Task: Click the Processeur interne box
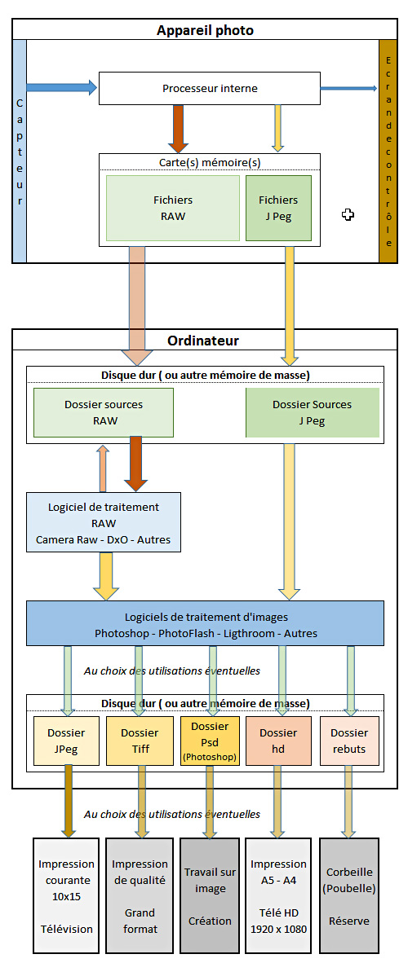[x=209, y=89]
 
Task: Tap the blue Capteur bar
[x=19, y=151]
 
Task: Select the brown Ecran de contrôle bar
[x=388, y=151]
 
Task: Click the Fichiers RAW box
[x=172, y=209]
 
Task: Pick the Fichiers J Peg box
[x=278, y=209]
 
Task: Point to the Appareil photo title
[x=205, y=30]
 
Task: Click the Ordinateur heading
[x=204, y=341]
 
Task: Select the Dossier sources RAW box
[x=104, y=412]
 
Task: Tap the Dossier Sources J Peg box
[x=312, y=412]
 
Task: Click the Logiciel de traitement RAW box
[x=104, y=522]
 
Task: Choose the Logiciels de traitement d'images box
[x=205, y=622]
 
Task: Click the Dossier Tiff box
[x=139, y=740]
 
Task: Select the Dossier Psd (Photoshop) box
[x=209, y=740]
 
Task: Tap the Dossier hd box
[x=278, y=740]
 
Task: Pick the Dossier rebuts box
[x=348, y=740]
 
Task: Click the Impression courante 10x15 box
[x=66, y=895]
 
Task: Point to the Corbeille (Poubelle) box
[x=349, y=895]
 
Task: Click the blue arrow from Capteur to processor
[x=62, y=87]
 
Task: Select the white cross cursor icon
[x=348, y=214]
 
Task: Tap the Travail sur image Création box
[x=209, y=895]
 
